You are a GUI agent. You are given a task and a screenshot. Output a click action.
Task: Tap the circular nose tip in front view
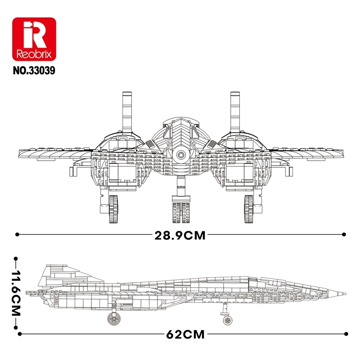pos(181,154)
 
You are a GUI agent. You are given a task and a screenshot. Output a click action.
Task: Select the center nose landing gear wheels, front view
pos(180,212)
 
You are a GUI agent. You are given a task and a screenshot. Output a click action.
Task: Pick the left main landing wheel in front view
pos(114,209)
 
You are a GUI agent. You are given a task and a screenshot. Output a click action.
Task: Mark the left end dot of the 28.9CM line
pos(17,234)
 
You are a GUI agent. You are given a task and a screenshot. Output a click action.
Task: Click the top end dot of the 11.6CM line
pos(16,259)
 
